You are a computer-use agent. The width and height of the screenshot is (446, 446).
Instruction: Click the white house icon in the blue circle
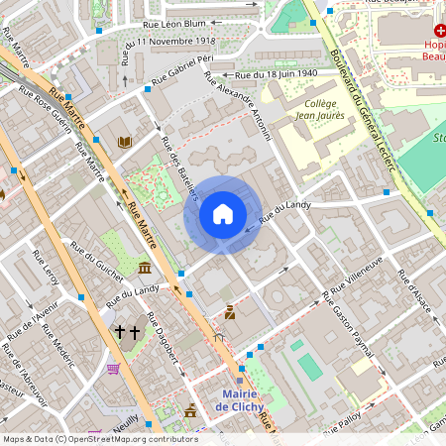pos(222,214)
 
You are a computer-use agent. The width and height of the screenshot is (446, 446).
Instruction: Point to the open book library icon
pos(125,143)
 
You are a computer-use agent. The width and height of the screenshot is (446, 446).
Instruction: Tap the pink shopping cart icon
pos(113,369)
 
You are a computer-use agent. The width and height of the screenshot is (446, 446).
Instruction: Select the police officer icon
pos(230,313)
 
